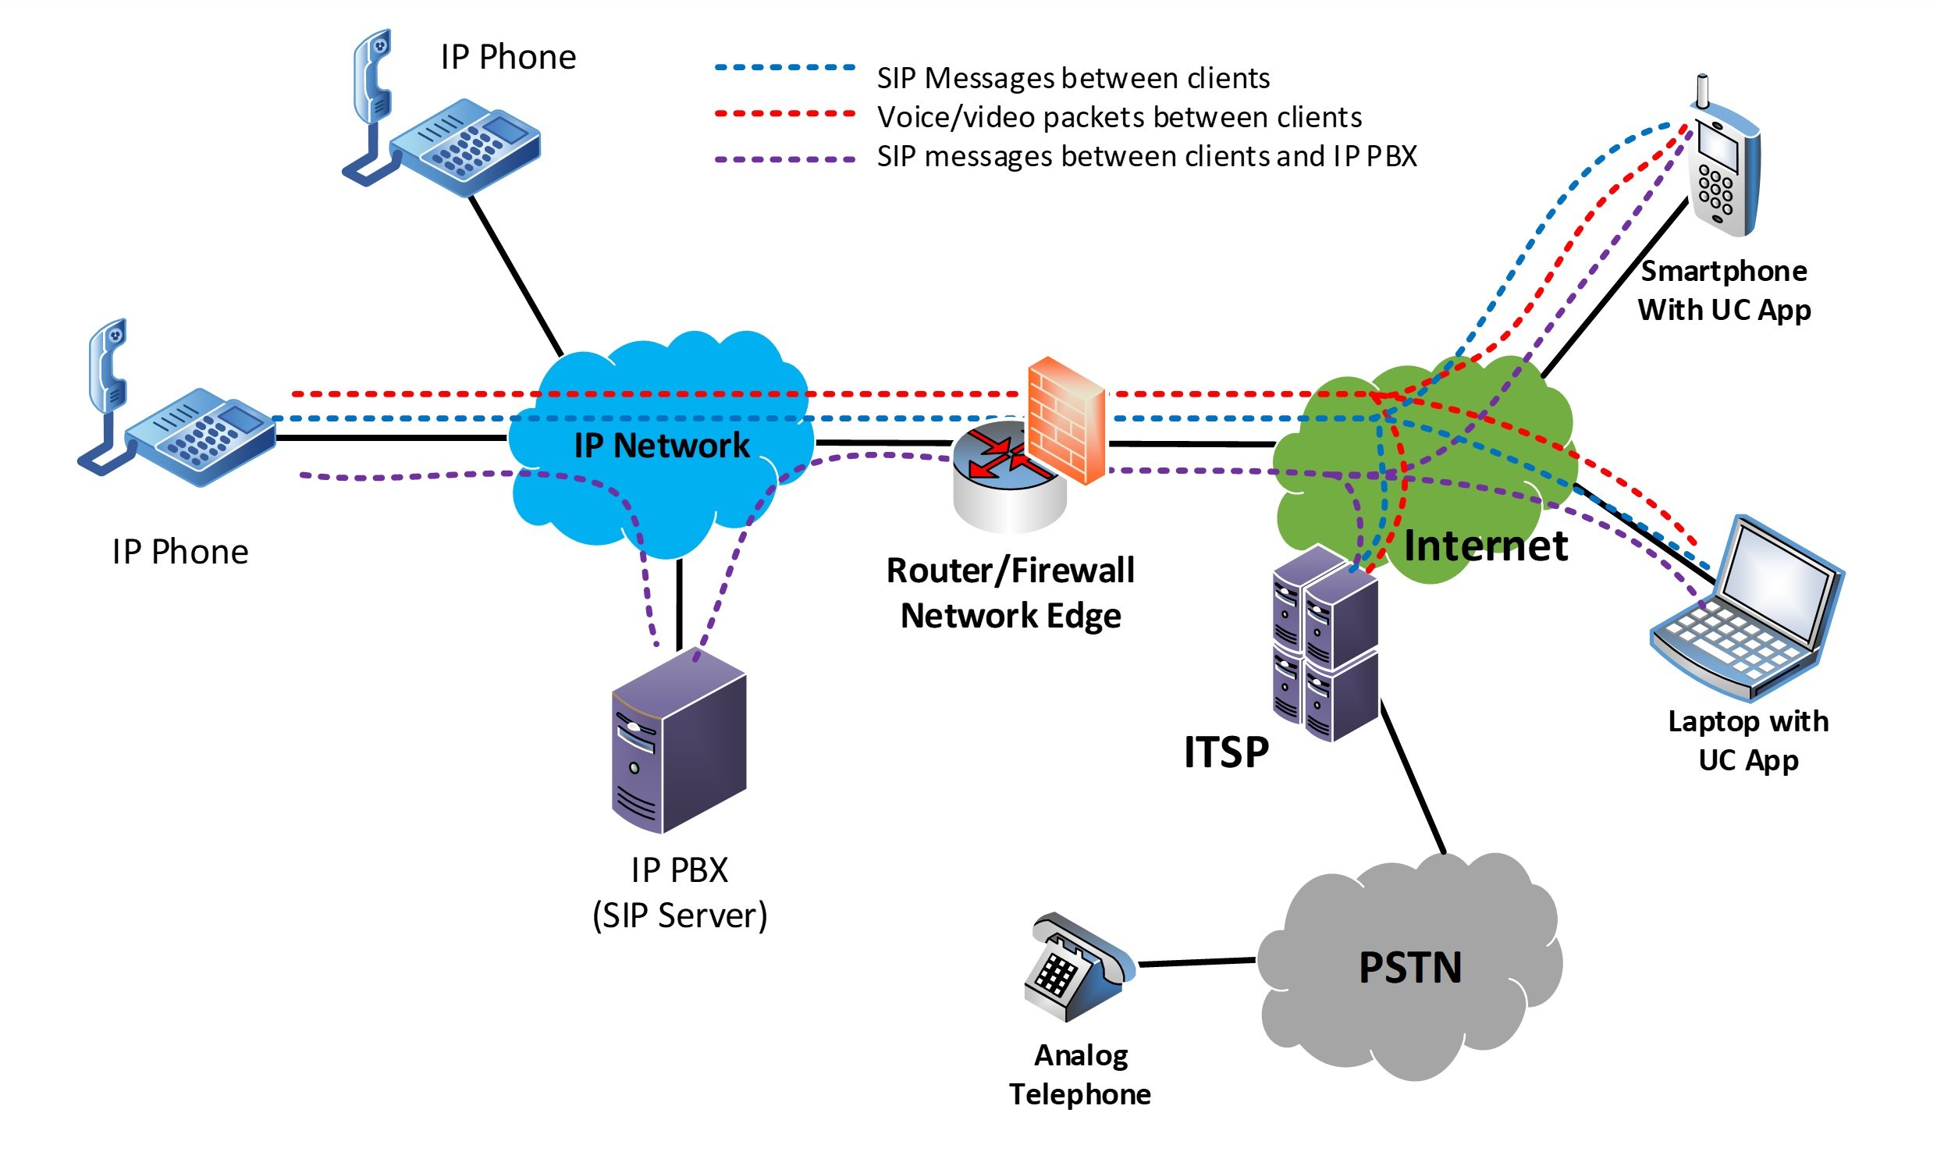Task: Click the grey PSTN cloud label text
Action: [x=1409, y=968]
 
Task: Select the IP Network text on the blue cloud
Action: [x=661, y=446]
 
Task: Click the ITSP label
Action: [x=1226, y=752]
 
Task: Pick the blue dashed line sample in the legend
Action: [x=784, y=68]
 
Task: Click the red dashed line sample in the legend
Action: [x=784, y=114]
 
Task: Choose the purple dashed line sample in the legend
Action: [x=784, y=159]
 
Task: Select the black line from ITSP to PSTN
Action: [x=1413, y=777]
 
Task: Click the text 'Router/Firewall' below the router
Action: [x=1010, y=571]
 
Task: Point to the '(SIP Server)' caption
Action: [x=680, y=916]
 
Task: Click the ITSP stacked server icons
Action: [x=1324, y=644]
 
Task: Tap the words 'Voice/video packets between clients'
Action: [x=1119, y=117]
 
